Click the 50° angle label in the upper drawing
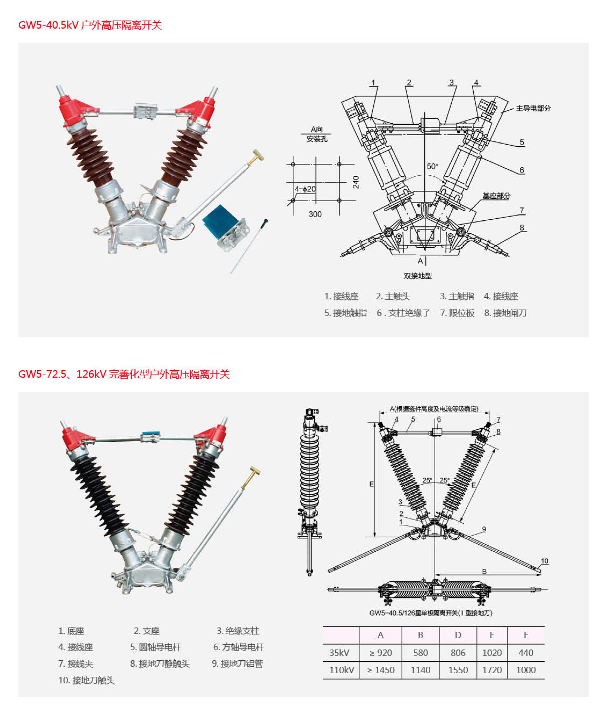point(432,166)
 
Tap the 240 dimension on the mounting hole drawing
point(356,182)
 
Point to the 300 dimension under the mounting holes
point(315,214)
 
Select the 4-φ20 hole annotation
point(305,189)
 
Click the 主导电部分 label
point(533,108)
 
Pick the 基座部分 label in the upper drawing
point(496,196)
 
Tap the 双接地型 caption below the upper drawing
point(417,276)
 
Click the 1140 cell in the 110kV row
point(420,670)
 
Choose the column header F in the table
point(525,635)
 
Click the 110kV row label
point(341,670)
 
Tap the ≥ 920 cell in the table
point(380,653)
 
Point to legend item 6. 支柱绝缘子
point(403,313)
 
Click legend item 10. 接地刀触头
point(86,680)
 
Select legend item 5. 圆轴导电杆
point(155,647)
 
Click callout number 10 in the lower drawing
point(545,561)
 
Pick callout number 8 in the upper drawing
point(522,228)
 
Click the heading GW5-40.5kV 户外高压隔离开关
point(90,25)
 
